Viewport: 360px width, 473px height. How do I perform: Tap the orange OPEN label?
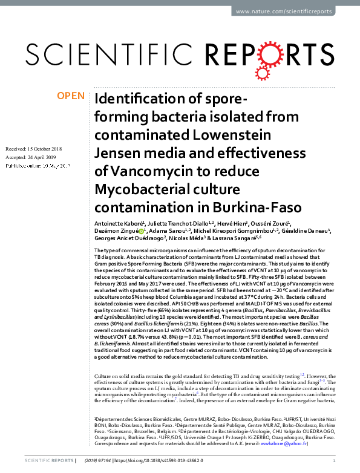pyautogui.click(x=71, y=96)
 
